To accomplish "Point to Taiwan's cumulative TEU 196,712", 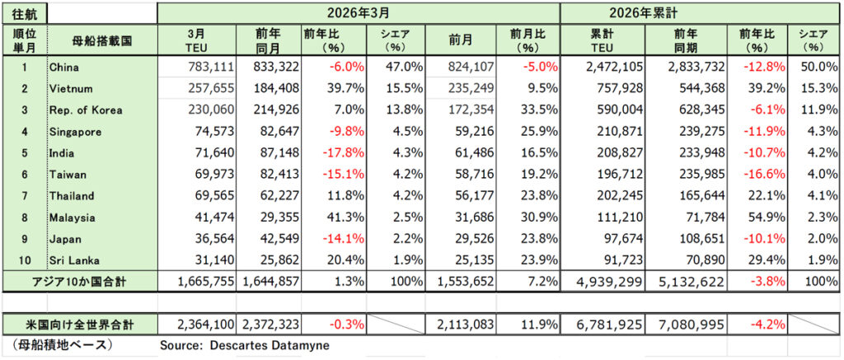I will click(611, 175).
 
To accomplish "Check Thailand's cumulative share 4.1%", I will click(818, 196).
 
